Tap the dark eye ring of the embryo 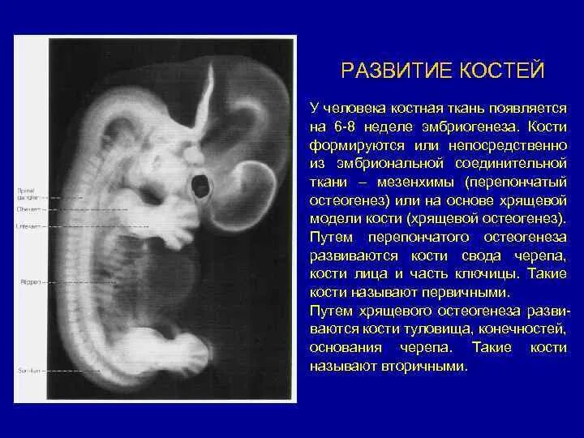pyautogui.click(x=198, y=186)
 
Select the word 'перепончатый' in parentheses pyautogui.click(x=522, y=181)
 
